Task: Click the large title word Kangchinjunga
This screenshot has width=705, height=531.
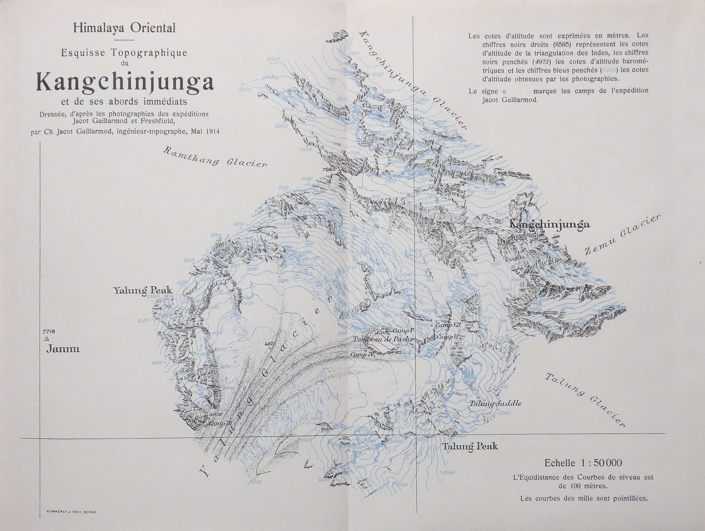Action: (x=125, y=81)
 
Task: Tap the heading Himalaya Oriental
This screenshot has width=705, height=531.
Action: (x=124, y=28)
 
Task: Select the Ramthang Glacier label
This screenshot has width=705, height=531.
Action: (x=215, y=157)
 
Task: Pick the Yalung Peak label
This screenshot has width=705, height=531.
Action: (x=142, y=290)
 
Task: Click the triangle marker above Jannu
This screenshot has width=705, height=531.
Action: (x=46, y=338)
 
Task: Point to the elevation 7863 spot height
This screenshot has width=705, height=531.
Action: (x=329, y=170)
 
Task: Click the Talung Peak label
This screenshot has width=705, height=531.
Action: (x=470, y=446)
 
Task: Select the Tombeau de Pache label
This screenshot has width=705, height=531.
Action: (x=383, y=339)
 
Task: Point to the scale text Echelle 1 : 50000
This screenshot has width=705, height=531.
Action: (x=583, y=463)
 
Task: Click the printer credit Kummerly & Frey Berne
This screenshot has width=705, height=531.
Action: (x=71, y=512)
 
